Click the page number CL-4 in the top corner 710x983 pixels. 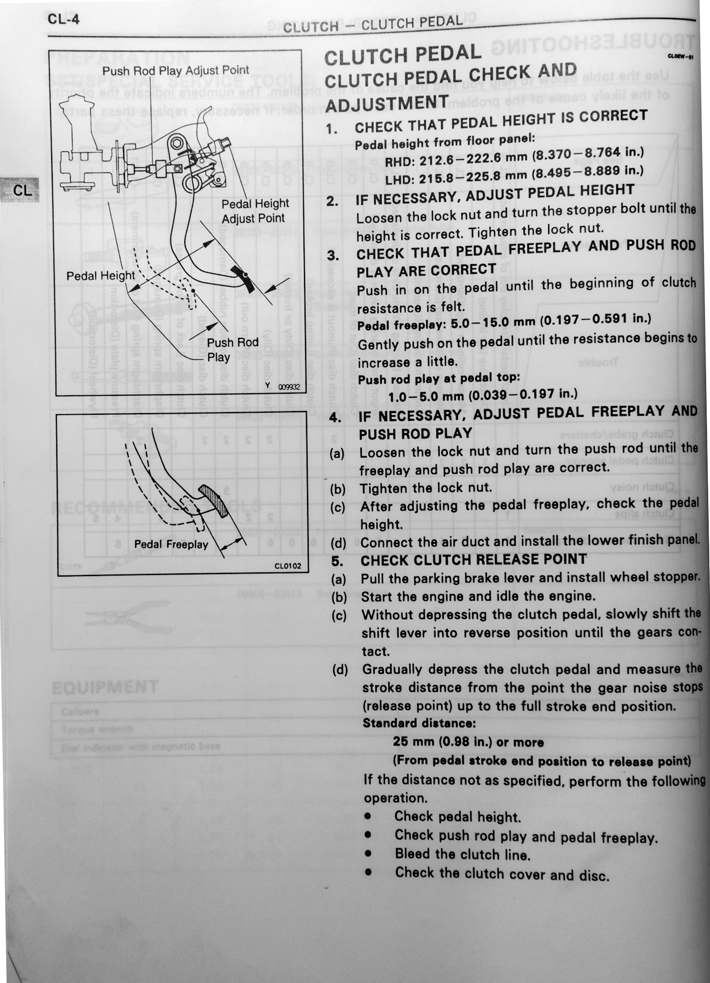coord(63,19)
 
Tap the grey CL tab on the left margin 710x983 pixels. coord(21,190)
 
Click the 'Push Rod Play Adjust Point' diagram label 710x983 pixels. coord(176,71)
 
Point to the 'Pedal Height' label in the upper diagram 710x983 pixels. coord(100,276)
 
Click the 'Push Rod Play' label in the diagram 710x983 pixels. coord(232,350)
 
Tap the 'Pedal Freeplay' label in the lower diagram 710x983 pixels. coord(171,545)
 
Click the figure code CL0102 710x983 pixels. coord(288,566)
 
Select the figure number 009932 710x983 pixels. coord(289,387)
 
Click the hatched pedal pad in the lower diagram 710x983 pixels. coord(217,501)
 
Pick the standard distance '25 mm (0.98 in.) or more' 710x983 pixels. coord(468,742)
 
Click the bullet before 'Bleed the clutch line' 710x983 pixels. coord(368,853)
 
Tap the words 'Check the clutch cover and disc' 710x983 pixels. coord(502,873)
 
